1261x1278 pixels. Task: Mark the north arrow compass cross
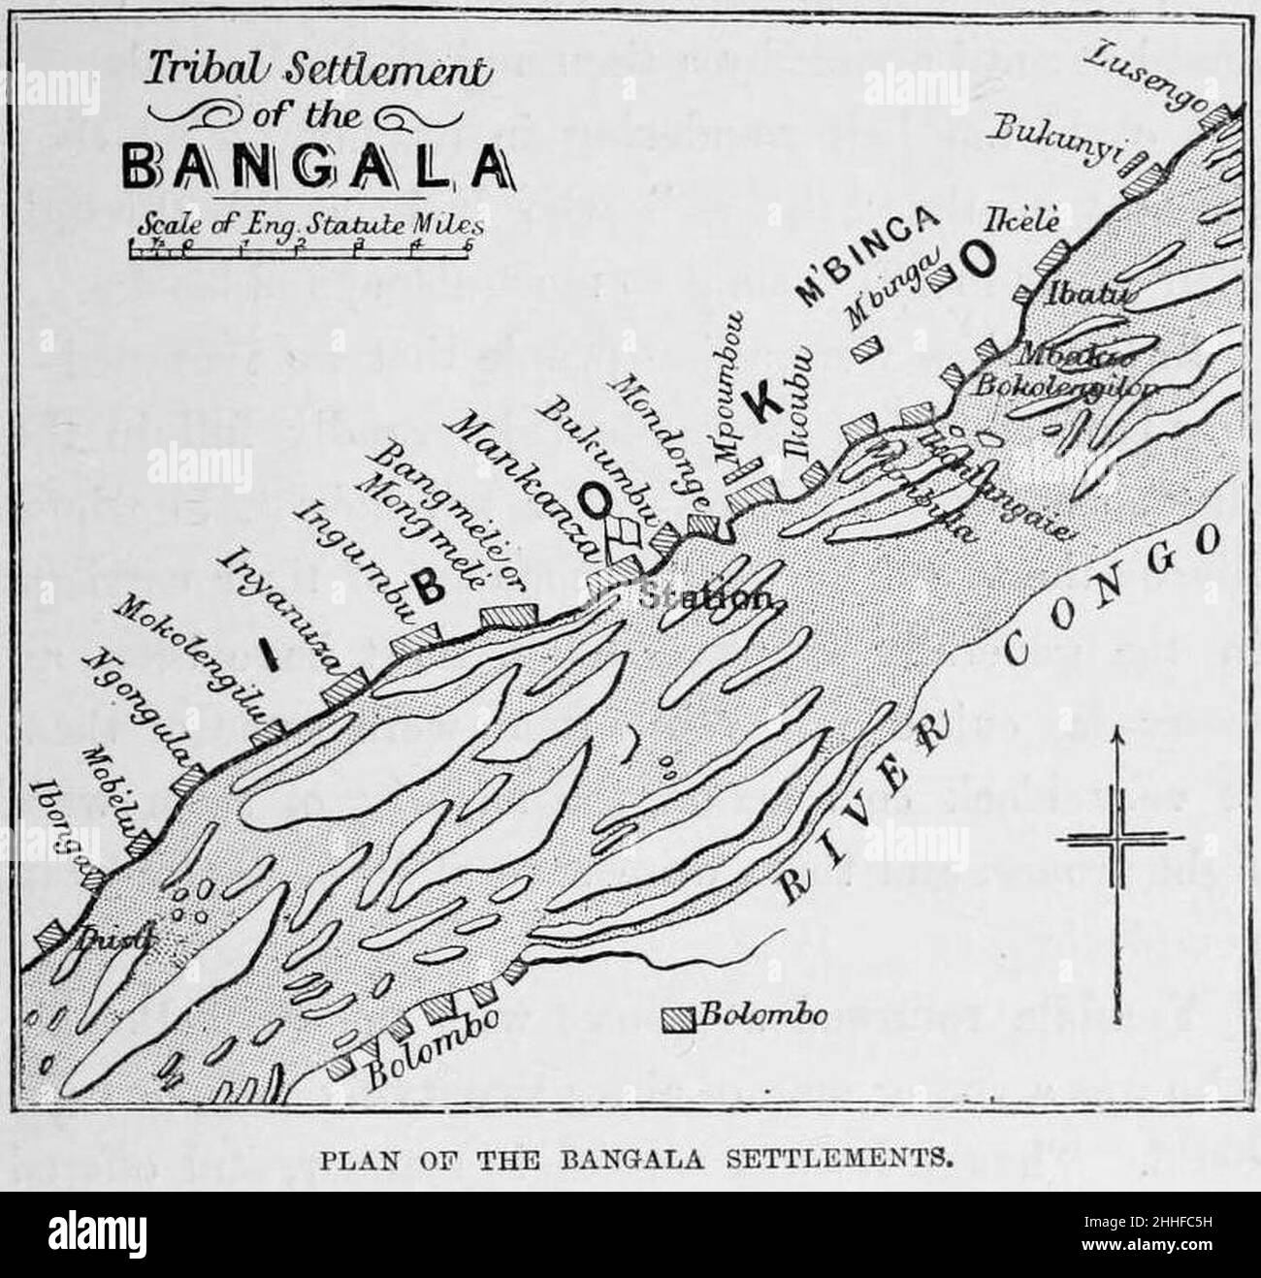click(x=1119, y=841)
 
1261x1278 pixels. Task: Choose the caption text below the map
click(x=630, y=1156)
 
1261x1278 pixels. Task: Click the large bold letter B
click(x=428, y=583)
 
